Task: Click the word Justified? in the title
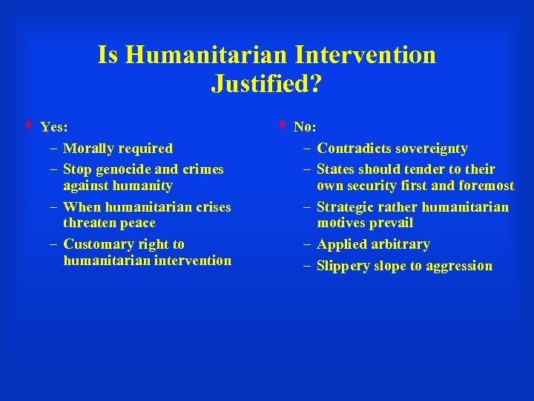[x=266, y=83]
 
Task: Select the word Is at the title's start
[x=108, y=55]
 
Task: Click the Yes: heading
[x=54, y=127]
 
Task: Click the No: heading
[x=304, y=127]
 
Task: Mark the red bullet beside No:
[x=282, y=126]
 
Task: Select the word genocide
[x=123, y=169]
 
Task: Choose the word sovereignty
[x=430, y=149]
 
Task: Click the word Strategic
[x=347, y=207]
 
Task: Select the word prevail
[x=392, y=223]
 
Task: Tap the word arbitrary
[x=400, y=244]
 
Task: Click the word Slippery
[x=343, y=266]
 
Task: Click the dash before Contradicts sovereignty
[x=307, y=149]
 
